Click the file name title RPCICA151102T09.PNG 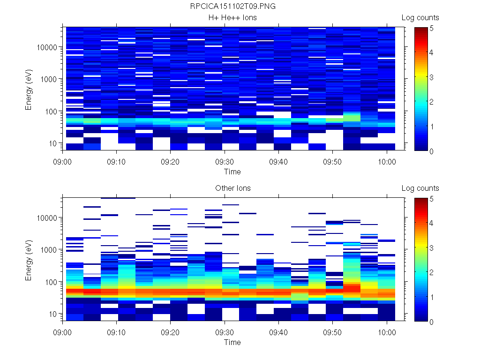click(232, 7)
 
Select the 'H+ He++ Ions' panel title click(232, 18)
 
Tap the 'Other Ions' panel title click(232, 188)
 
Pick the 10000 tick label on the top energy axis click(47, 47)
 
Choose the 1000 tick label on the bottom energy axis click(49, 250)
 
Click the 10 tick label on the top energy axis click(53, 143)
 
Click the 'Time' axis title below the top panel click(232, 172)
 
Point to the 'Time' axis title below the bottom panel click(232, 342)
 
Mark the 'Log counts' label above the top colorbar click(420, 18)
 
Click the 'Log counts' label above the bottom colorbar click(420, 188)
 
